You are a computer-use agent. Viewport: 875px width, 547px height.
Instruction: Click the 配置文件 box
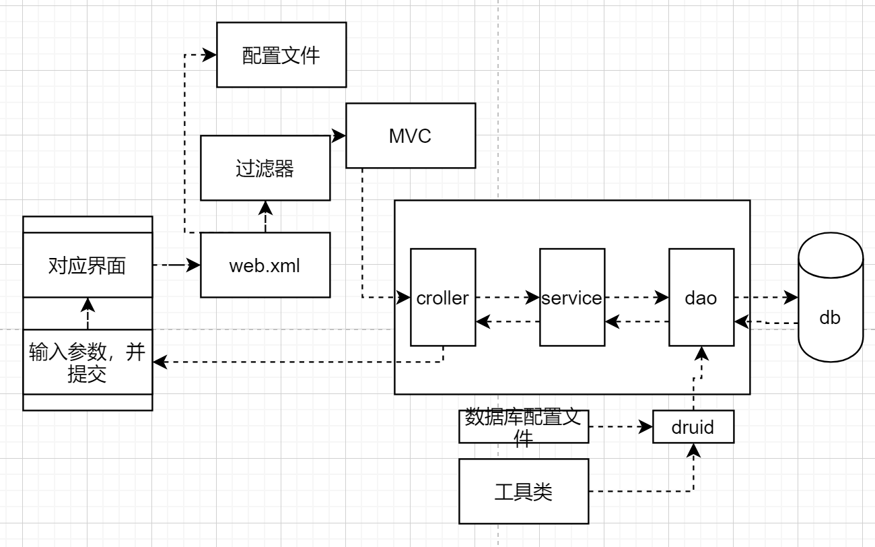click(x=281, y=55)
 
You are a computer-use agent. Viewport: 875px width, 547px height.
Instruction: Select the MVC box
click(x=410, y=135)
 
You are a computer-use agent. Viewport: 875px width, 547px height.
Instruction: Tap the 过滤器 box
click(x=265, y=168)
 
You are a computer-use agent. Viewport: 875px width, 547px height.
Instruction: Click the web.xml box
click(x=265, y=265)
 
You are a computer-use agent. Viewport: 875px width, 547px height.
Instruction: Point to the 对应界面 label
click(x=87, y=265)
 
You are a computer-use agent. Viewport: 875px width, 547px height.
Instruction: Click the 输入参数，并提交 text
click(x=87, y=362)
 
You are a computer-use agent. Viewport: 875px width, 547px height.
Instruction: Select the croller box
click(x=443, y=297)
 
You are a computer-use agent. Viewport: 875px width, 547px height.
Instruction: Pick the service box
click(x=572, y=297)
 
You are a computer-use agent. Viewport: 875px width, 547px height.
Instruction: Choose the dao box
click(x=701, y=297)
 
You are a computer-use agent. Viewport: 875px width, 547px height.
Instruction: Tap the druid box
click(x=693, y=426)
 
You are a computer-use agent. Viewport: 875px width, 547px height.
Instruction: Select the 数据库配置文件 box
click(x=524, y=427)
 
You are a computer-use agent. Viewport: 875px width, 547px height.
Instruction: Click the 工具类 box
click(x=524, y=492)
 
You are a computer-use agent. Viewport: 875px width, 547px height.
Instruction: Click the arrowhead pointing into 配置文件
click(x=210, y=55)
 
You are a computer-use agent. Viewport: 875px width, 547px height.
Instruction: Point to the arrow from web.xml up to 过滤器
click(x=265, y=216)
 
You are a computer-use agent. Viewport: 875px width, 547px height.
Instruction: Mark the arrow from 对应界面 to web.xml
click(x=176, y=265)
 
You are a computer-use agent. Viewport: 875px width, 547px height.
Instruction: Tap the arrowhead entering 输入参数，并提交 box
click(x=160, y=362)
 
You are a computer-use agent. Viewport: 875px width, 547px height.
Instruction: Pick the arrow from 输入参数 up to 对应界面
click(x=87, y=314)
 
